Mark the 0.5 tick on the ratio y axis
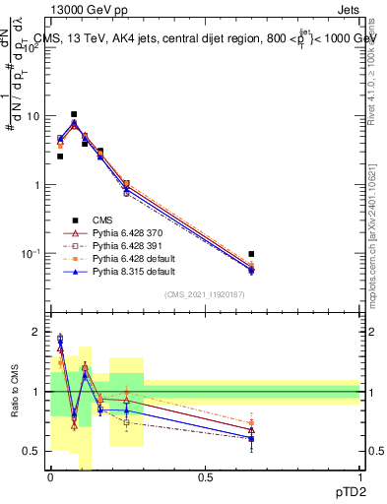tap(35, 451)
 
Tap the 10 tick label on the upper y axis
tap(33, 116)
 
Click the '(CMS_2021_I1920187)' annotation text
tap(205, 293)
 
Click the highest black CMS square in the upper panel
tap(74, 114)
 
